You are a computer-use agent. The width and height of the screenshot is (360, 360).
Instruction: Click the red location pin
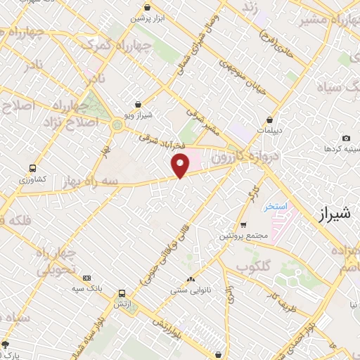coord(181,165)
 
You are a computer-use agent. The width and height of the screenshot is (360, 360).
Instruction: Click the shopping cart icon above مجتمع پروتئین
coord(243,225)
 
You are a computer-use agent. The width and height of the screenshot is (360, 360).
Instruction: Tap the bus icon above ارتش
coord(122,294)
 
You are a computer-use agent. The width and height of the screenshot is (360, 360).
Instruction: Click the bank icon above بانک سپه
coord(86,278)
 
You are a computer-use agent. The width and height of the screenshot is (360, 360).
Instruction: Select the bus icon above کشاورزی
coord(32,169)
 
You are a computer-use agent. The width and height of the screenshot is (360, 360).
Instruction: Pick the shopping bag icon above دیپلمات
coord(270,120)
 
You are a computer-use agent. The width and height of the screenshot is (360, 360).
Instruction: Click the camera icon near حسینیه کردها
coord(345,139)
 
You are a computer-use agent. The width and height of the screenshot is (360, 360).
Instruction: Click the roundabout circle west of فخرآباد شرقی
coord(116,125)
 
